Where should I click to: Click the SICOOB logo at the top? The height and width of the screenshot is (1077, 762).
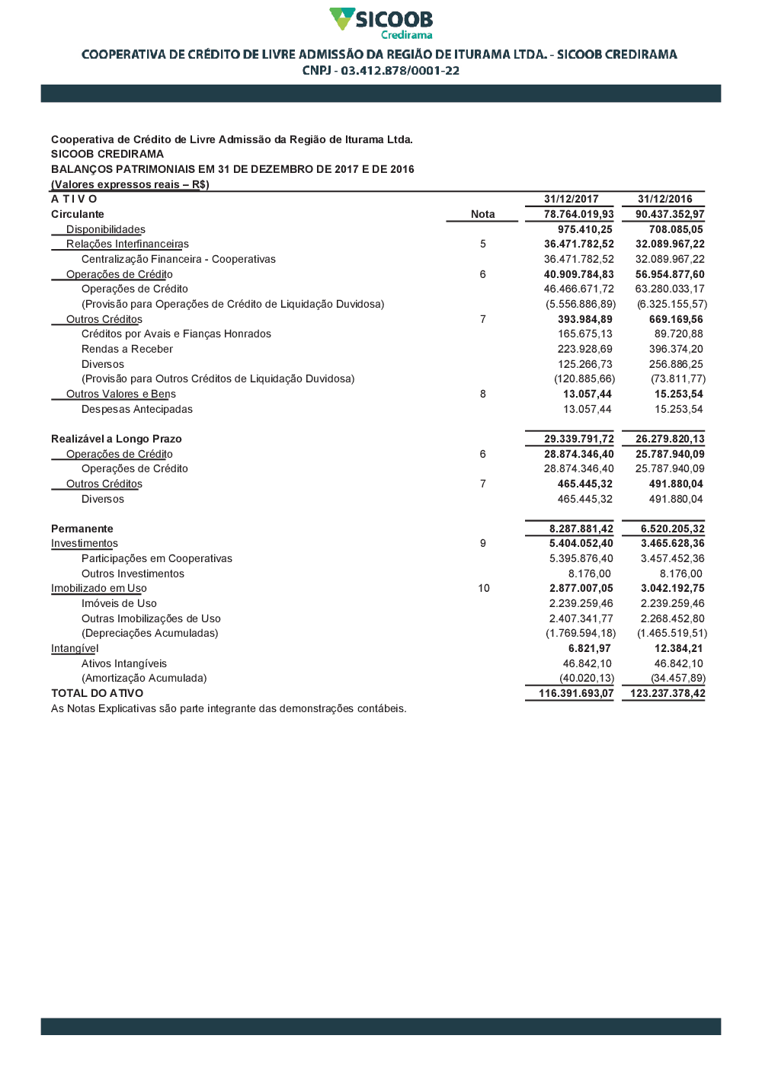(381, 23)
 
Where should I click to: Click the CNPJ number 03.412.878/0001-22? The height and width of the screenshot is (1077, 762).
(400, 71)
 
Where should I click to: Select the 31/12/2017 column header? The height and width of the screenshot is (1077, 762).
(571, 199)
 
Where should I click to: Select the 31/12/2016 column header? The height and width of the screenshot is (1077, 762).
(664, 199)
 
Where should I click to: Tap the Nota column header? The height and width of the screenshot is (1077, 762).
(482, 214)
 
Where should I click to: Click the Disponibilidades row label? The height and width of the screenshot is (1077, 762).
(105, 229)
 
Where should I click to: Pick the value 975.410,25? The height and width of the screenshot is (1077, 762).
(584, 229)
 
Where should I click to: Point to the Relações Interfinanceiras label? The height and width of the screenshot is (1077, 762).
(127, 244)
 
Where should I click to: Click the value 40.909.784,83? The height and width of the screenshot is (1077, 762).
(578, 274)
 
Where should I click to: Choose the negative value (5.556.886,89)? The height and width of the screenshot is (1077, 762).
(581, 304)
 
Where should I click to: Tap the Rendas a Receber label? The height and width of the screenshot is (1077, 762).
(127, 349)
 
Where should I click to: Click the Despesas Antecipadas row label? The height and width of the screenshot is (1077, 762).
(137, 409)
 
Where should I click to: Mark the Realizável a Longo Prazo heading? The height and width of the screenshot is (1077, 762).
(116, 439)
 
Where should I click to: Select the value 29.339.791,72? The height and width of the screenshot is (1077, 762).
(578, 439)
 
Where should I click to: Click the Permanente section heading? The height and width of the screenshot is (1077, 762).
(82, 529)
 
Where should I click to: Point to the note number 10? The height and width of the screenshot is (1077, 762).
(484, 588)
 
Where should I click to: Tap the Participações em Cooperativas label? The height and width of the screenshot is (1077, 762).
(157, 558)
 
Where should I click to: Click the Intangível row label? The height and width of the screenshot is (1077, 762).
(75, 648)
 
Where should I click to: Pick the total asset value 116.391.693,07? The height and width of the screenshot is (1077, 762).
(575, 693)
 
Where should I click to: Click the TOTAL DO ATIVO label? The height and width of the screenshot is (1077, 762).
(97, 693)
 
